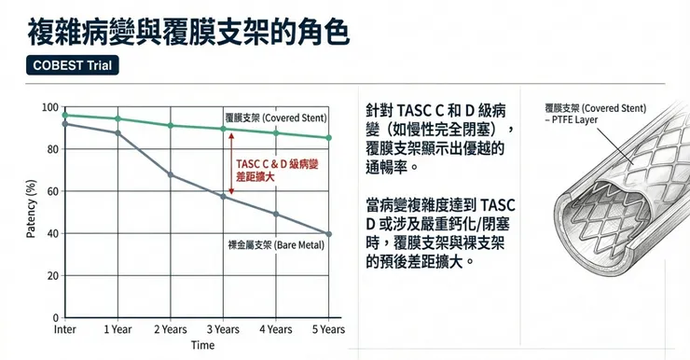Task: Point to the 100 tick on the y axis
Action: tap(49, 107)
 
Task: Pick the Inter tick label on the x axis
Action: tap(65, 329)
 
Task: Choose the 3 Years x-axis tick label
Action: tap(222, 329)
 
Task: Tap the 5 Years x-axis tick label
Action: tap(327, 329)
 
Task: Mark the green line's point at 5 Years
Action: tap(328, 138)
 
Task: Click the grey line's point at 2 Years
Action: tap(170, 174)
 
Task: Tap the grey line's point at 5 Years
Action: tap(328, 234)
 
